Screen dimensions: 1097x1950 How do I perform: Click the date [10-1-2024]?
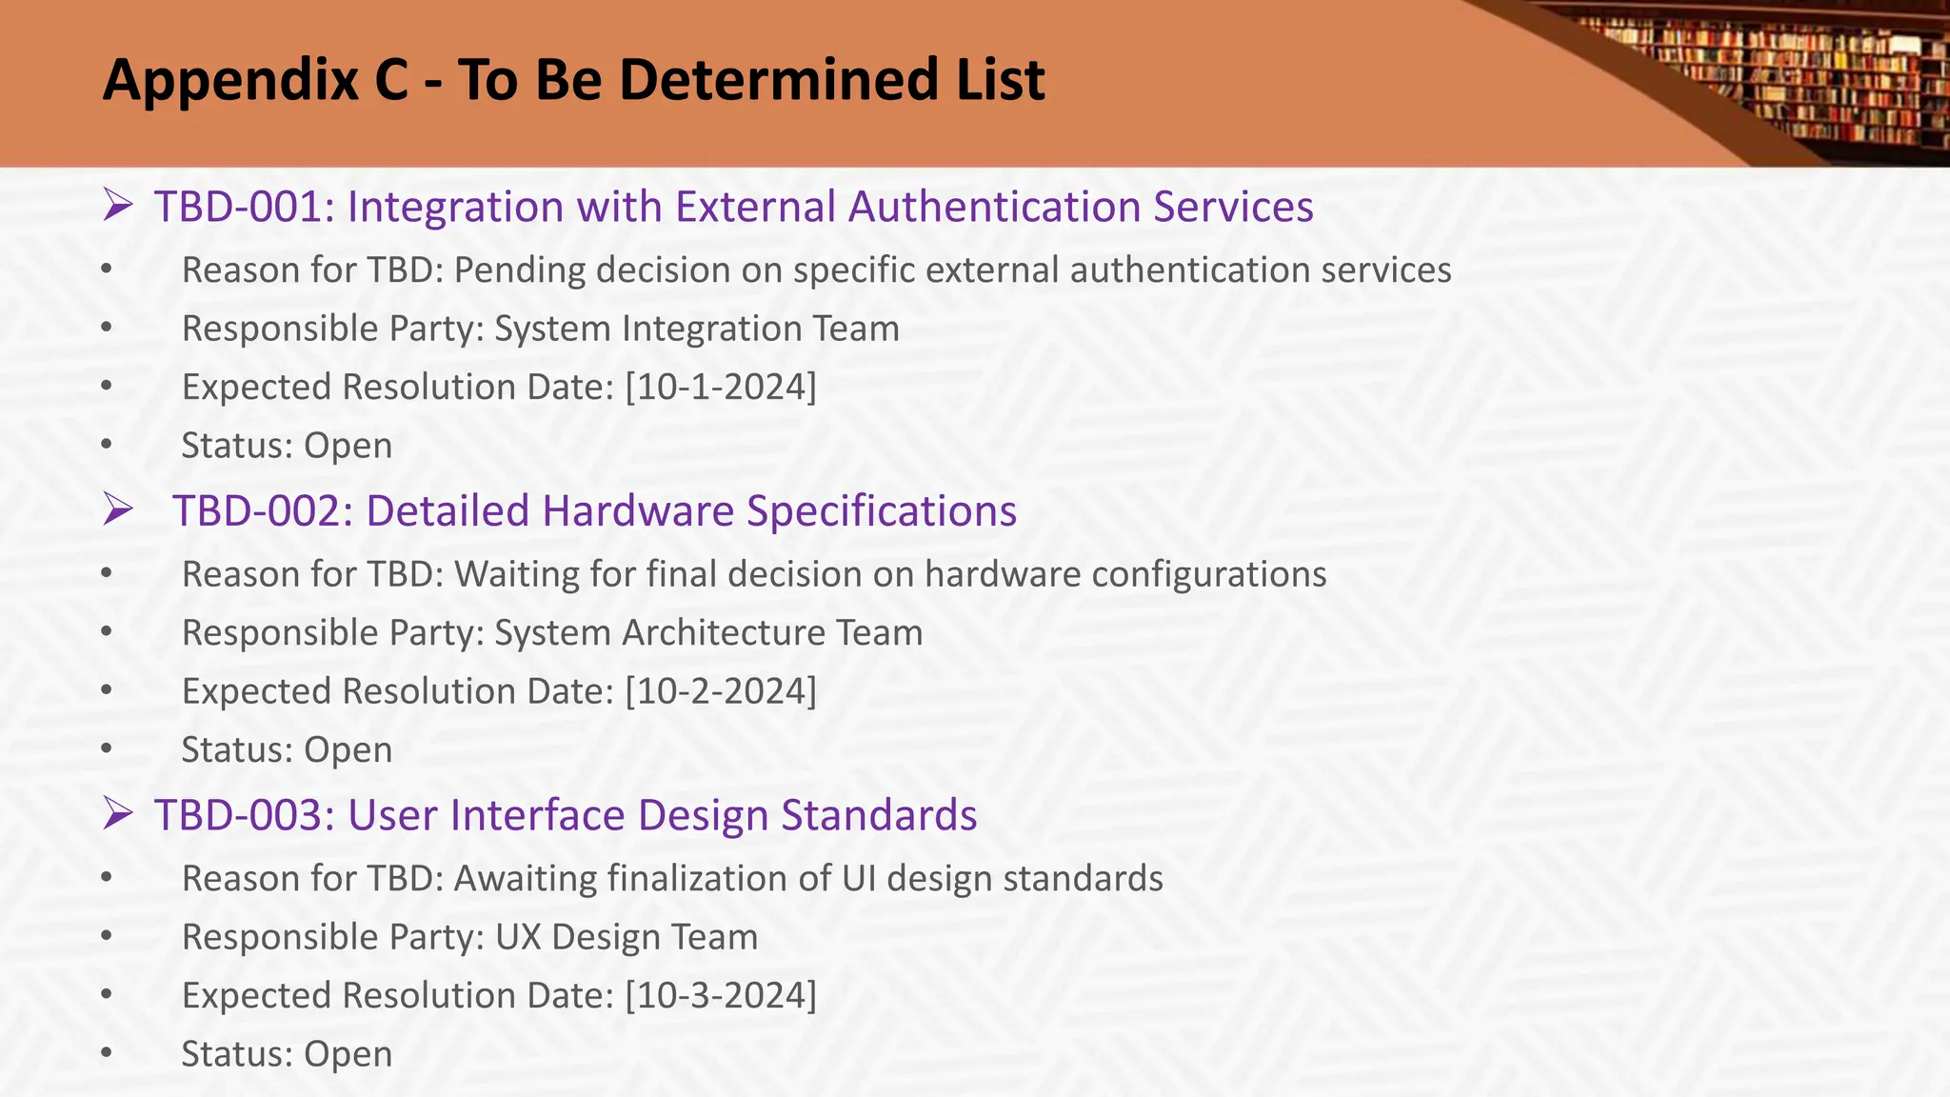pyautogui.click(x=721, y=388)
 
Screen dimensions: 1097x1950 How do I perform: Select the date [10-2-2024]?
pyautogui.click(x=721, y=691)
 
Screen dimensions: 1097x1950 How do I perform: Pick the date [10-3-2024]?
pyautogui.click(x=721, y=996)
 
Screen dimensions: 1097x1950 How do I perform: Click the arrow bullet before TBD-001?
pyautogui.click(x=118, y=206)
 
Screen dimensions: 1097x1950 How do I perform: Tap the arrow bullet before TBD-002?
pyautogui.click(x=118, y=509)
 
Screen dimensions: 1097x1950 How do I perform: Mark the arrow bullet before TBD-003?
pyautogui.click(x=118, y=814)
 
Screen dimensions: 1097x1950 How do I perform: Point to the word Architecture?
pyautogui.click(x=724, y=633)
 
